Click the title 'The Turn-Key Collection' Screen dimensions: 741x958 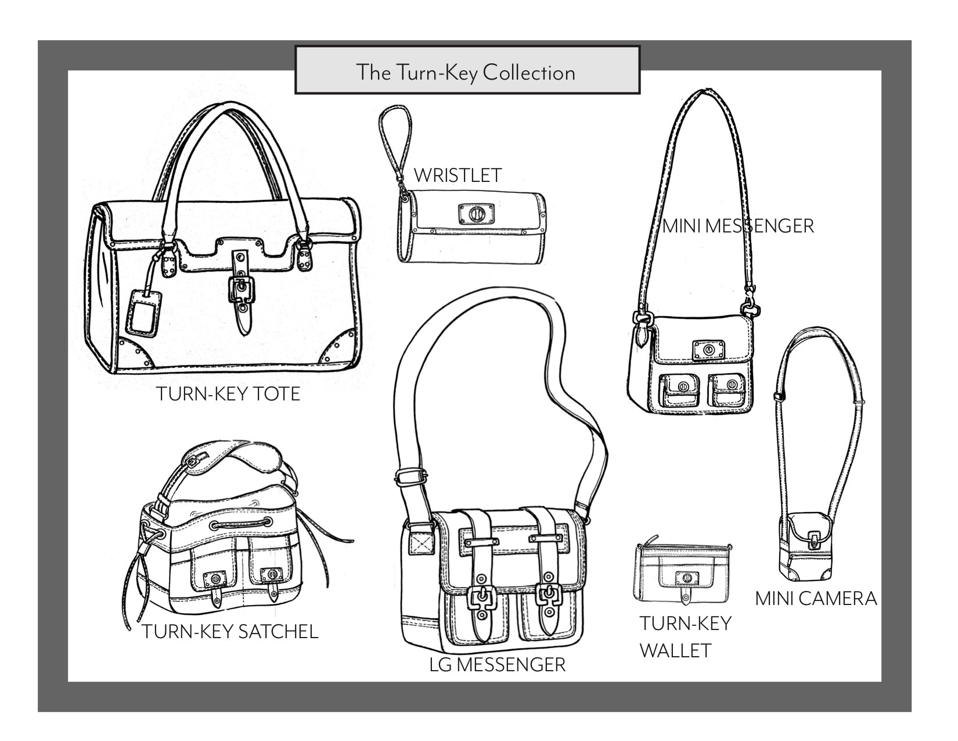(x=466, y=73)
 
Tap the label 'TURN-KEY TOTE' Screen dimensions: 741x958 (x=228, y=394)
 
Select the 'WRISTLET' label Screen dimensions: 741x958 (x=458, y=175)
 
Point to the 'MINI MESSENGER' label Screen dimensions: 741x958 (x=739, y=225)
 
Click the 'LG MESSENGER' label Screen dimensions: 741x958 (x=497, y=664)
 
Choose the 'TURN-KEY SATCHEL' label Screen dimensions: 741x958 (x=230, y=631)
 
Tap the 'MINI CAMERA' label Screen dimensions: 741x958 (x=816, y=598)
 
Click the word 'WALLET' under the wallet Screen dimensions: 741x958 (x=675, y=650)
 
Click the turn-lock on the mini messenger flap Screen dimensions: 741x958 (x=709, y=350)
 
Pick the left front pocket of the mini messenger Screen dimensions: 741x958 (x=678, y=390)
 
